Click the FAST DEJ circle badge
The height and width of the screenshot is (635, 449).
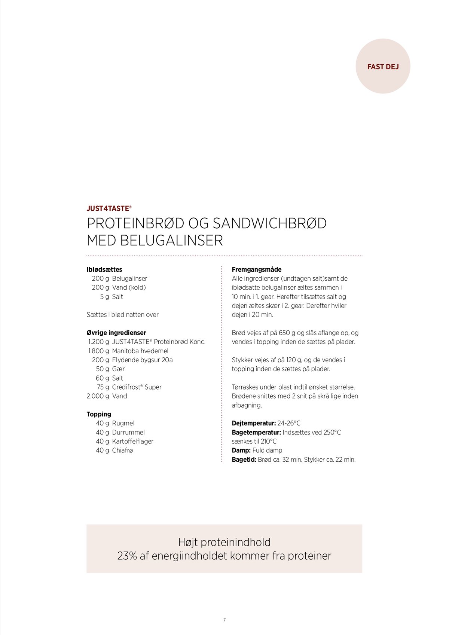(383, 66)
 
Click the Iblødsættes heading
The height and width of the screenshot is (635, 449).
(104, 269)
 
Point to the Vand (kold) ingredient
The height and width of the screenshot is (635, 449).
(129, 287)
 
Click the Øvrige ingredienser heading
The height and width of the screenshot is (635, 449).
(116, 333)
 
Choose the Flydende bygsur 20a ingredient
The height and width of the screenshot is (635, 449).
(142, 360)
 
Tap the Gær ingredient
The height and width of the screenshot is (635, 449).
(118, 369)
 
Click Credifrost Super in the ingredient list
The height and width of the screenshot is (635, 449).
(137, 387)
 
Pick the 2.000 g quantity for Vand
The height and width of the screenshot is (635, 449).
(98, 396)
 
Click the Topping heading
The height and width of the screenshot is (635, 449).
(99, 414)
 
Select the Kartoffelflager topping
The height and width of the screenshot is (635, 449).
(132, 441)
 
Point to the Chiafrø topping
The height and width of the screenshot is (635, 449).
(122, 450)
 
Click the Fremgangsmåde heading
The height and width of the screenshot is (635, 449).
(256, 269)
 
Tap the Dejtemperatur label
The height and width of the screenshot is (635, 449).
(254, 423)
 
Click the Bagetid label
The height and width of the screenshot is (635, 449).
(244, 460)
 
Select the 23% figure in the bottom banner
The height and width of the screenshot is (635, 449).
(127, 556)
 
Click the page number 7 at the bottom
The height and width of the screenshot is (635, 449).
(224, 620)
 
